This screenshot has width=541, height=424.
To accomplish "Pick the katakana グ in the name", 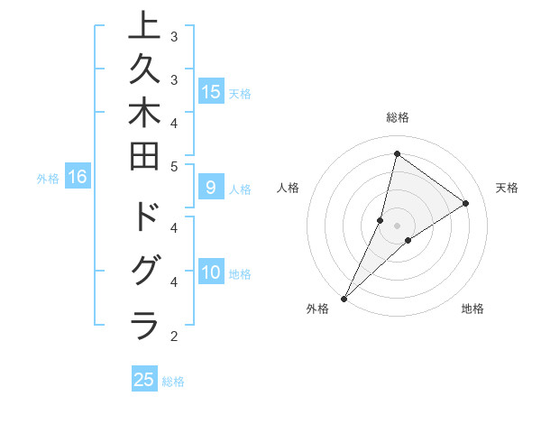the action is [x=144, y=272].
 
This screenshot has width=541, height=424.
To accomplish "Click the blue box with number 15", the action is [x=211, y=91].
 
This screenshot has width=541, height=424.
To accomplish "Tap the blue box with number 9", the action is [x=211, y=188].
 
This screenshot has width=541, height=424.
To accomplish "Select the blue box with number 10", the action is [x=211, y=272].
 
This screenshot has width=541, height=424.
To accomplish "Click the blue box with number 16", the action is [x=78, y=177].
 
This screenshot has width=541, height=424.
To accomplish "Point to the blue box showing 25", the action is [x=144, y=380].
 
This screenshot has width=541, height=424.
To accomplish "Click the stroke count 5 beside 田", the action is [x=174, y=166].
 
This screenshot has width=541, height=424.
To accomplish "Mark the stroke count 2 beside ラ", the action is [x=174, y=336].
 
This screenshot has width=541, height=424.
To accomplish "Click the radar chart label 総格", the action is [x=398, y=117].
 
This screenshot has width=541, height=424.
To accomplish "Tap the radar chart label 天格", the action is [x=507, y=188].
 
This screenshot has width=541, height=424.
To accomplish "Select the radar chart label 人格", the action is [x=288, y=188].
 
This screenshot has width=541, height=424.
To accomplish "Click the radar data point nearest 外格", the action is [x=344, y=298].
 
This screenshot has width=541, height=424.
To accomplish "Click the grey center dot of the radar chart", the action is [x=398, y=225].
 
